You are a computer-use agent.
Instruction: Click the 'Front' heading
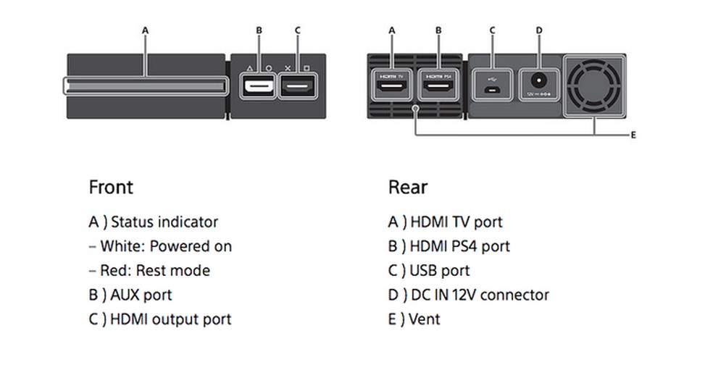pos(111,187)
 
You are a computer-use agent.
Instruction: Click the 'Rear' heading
pos(408,187)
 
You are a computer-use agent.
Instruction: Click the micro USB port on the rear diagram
pos(492,89)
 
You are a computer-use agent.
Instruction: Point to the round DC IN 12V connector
pos(538,82)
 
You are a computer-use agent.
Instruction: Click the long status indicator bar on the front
pos(145,87)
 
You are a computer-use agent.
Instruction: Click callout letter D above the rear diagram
pos(539,30)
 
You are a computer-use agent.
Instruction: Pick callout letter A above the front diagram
pos(145,30)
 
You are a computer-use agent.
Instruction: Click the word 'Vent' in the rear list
pos(425,319)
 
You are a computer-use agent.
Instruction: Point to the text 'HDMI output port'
pos(170,319)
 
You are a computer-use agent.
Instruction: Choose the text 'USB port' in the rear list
pos(440,271)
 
